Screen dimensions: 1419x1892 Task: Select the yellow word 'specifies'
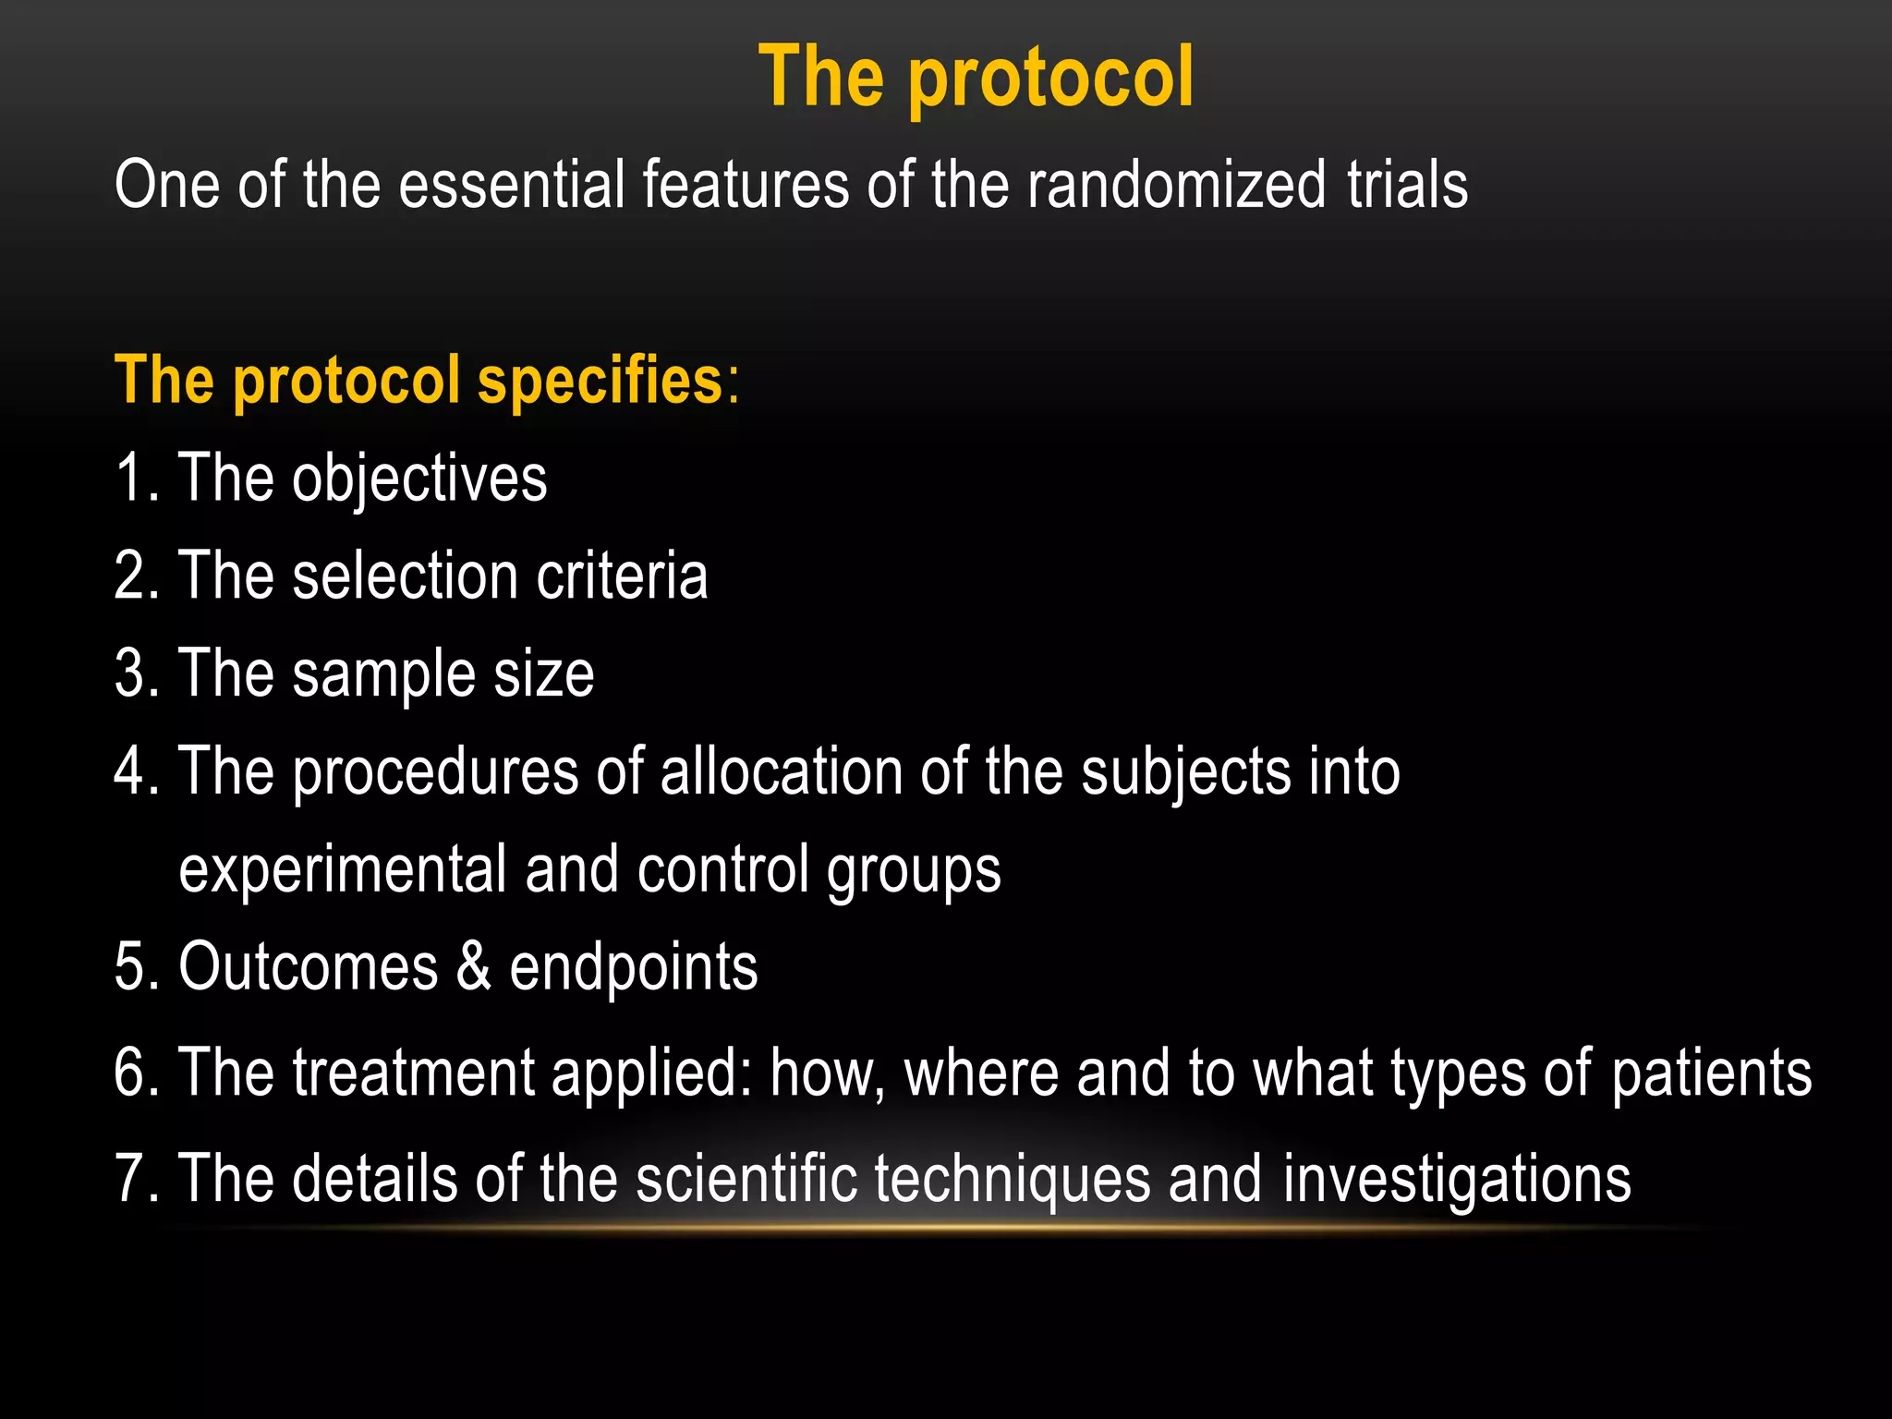tap(600, 380)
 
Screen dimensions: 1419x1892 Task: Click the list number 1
tap(129, 478)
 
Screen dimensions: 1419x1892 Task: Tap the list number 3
tap(129, 673)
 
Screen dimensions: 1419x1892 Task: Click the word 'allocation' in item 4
tap(782, 771)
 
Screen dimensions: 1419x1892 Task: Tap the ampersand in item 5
tap(473, 967)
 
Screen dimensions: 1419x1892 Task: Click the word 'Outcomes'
tap(308, 967)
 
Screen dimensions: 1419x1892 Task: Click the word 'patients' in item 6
tap(1711, 1074)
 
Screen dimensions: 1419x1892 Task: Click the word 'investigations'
tap(1457, 1181)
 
